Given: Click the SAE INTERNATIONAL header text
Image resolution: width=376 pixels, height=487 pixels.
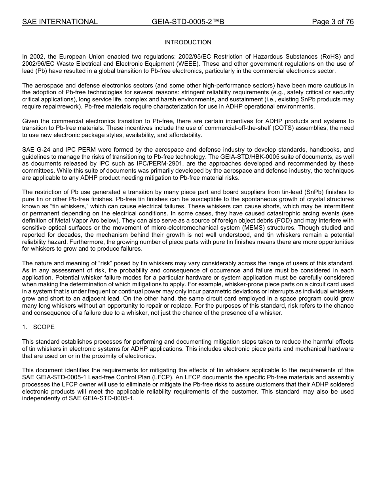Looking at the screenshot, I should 60,22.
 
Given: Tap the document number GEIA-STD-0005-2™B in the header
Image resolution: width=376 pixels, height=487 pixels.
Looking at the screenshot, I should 188,22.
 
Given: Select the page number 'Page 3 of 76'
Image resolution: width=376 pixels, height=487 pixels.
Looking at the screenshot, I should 332,22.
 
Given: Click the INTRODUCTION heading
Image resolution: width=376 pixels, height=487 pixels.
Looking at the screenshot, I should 188,42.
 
